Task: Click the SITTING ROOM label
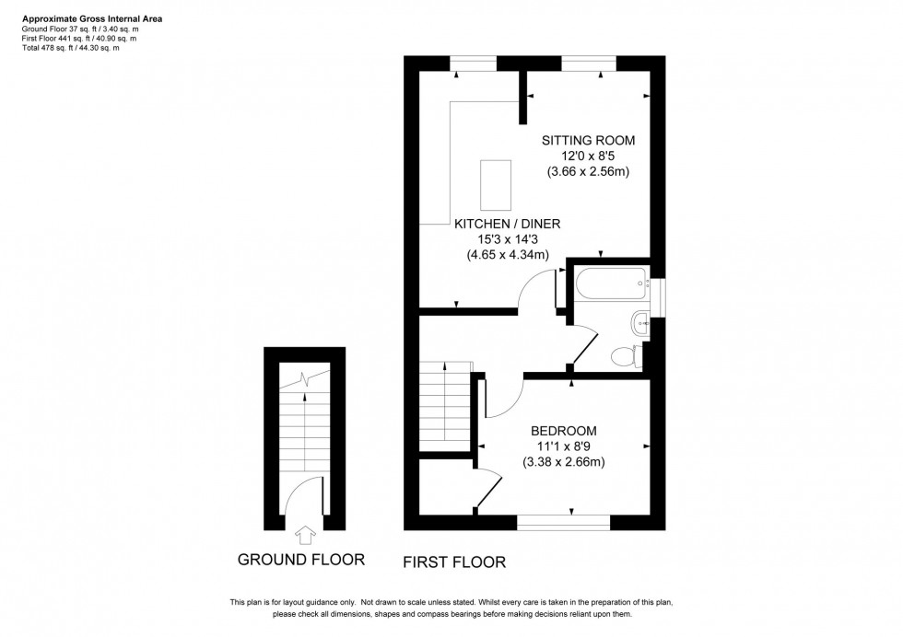(x=588, y=140)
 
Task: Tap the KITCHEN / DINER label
(x=507, y=224)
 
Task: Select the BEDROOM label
(x=563, y=430)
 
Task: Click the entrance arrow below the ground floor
(x=305, y=533)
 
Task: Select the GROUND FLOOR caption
(x=300, y=559)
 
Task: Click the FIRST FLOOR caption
(x=454, y=561)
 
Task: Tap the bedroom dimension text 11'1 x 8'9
(x=563, y=446)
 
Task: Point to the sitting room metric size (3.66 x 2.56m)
(x=588, y=172)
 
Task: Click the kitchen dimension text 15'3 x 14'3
(x=507, y=239)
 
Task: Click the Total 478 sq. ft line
(x=71, y=47)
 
